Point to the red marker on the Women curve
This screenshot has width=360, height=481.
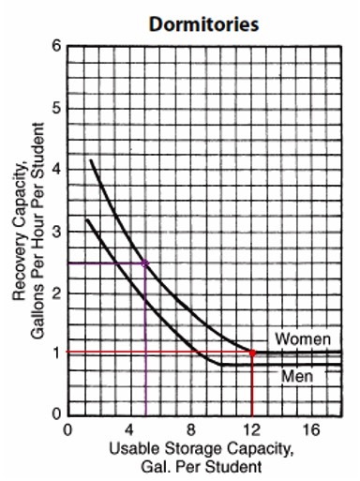tap(252, 353)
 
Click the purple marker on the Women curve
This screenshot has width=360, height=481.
tap(145, 263)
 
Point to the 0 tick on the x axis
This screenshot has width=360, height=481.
tap(67, 429)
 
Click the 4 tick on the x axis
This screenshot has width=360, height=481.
tap(129, 429)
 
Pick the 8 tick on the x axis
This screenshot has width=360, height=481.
tap(190, 429)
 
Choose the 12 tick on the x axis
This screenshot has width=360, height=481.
tap(252, 429)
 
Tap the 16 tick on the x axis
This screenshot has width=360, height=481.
tap(313, 429)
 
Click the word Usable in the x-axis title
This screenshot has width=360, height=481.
tap(130, 448)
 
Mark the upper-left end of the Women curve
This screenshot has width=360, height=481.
tap(91, 160)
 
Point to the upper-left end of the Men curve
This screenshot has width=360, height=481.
tap(86, 219)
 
